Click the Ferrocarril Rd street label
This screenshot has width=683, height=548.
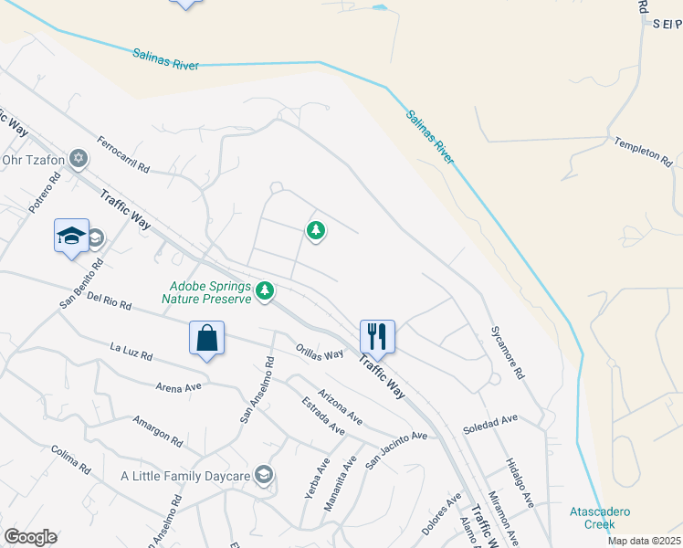123,155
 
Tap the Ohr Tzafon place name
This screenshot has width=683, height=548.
34,161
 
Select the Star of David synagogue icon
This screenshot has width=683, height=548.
79,160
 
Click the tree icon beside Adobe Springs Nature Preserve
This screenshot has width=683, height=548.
265,290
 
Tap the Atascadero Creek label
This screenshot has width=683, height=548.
601,518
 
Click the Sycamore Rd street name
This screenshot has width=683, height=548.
508,353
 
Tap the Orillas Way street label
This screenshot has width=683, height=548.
320,353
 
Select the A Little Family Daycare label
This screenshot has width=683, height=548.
186,476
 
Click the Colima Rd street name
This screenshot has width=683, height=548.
71,459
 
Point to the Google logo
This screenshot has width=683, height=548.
30,537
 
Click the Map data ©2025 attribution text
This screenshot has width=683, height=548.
645,541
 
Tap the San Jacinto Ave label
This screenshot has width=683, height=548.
396,449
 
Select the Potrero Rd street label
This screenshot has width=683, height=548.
44,194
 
